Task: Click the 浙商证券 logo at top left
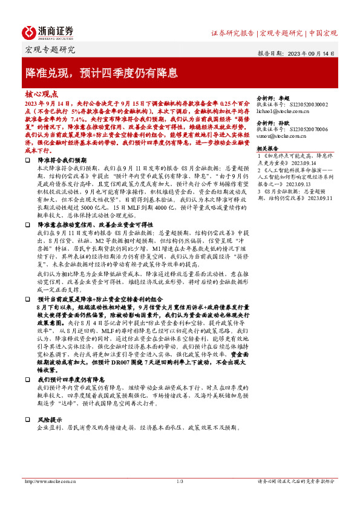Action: (x=48, y=33)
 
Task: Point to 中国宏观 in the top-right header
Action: (x=322, y=33)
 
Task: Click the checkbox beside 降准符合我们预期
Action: (x=28, y=160)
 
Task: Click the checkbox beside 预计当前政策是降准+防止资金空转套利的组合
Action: (x=28, y=299)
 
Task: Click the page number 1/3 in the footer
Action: (x=180, y=481)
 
